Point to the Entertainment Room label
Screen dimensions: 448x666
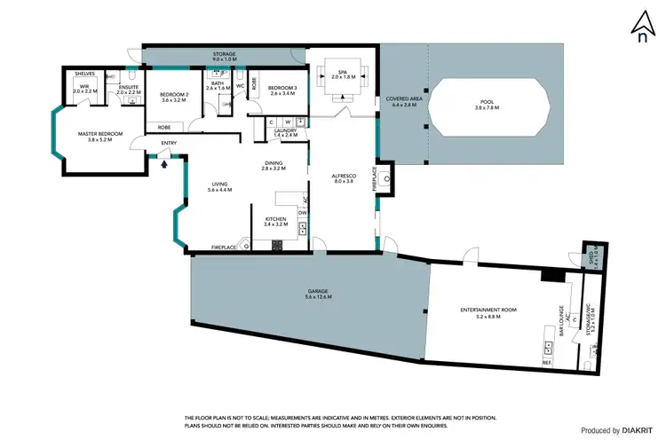(x=488, y=311)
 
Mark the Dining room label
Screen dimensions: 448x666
(x=274, y=165)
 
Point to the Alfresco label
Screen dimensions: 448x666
(x=342, y=177)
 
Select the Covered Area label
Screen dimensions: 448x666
(x=402, y=101)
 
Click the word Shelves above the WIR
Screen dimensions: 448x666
(x=85, y=75)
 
